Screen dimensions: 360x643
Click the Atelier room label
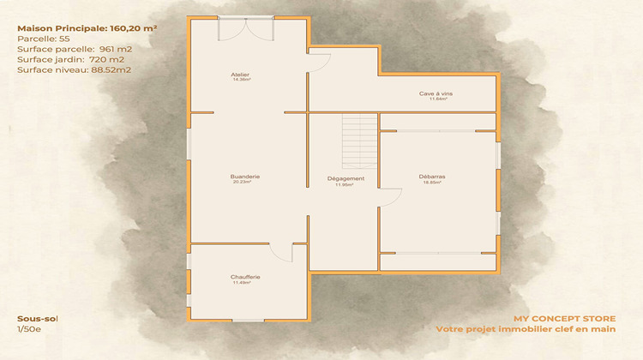point(239,75)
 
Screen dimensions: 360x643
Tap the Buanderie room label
point(245,176)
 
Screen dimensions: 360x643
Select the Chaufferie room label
point(246,276)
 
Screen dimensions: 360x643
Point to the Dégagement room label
point(346,178)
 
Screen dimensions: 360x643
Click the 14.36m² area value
point(240,81)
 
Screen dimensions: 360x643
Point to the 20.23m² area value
point(245,182)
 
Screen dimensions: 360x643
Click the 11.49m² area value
point(246,282)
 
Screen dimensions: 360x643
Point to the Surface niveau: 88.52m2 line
point(74,69)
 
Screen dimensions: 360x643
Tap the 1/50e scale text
point(30,328)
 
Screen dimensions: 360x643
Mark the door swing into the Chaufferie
point(282,252)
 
